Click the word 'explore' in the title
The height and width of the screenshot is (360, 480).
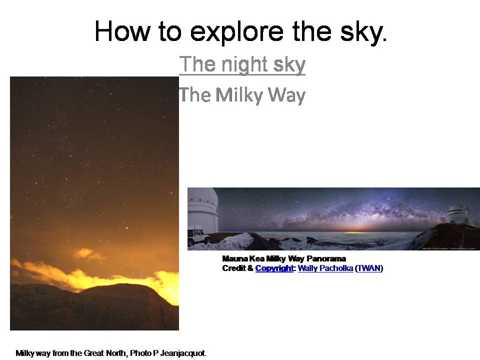[236, 32]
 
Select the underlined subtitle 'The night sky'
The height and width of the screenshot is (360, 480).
[242, 64]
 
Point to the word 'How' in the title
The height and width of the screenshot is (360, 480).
[123, 31]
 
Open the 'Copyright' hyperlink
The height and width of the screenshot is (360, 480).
[274, 268]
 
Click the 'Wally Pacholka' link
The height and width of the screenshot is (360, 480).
[325, 268]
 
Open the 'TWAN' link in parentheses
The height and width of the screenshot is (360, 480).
[369, 268]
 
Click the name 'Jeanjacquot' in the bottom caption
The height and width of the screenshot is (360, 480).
[183, 353]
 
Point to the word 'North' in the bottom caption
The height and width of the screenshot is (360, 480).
[116, 353]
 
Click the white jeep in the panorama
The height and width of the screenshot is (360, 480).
[198, 236]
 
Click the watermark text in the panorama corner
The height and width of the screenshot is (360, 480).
[448, 248]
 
